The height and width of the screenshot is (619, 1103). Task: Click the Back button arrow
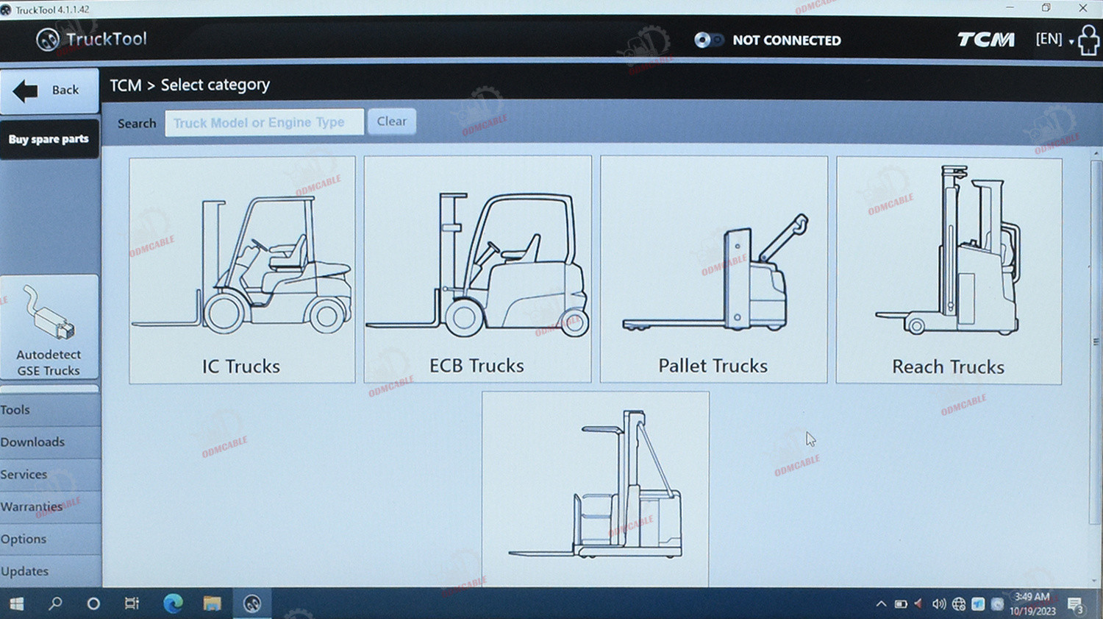coord(25,91)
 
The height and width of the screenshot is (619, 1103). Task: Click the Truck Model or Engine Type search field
coord(265,122)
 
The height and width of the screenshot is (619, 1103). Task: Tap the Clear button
coord(392,121)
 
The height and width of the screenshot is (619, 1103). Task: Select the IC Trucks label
coord(240,367)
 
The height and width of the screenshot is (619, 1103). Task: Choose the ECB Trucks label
coord(476,366)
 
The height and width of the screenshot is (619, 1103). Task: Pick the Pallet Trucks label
coord(713,366)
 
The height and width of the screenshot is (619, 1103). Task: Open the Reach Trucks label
coord(949,367)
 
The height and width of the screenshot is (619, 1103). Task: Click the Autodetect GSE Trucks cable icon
coord(49,313)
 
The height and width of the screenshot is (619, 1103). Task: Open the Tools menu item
coord(15,409)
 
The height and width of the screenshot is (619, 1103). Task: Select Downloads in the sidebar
coord(32,442)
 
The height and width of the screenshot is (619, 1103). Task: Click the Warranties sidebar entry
coord(32,506)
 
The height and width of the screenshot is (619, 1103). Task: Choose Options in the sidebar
coord(24,539)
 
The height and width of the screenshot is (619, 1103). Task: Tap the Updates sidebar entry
coord(24,571)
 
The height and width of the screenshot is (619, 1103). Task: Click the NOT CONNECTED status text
coord(787,40)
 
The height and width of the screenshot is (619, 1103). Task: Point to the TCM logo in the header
coord(986,40)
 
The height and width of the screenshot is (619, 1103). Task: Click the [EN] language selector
coord(1049,39)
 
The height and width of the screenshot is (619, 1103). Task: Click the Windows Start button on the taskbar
coord(17,604)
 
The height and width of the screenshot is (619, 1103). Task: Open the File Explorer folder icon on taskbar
coord(213,604)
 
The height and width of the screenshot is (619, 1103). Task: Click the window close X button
coord(1083,8)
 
